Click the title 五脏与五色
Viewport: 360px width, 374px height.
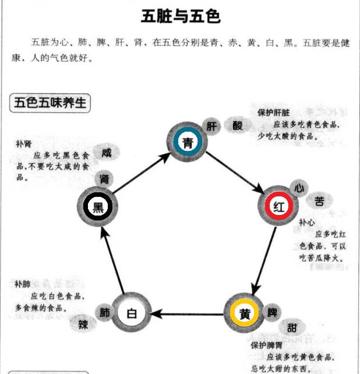(x=180, y=16)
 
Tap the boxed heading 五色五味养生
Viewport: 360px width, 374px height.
(x=51, y=104)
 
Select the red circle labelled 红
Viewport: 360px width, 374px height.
(x=279, y=206)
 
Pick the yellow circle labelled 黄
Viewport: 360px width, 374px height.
(x=245, y=313)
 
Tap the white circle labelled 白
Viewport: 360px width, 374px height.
(x=131, y=313)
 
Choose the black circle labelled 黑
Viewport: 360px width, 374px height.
(x=98, y=206)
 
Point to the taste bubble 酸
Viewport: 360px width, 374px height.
(x=237, y=125)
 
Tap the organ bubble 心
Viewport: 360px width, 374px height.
(x=299, y=188)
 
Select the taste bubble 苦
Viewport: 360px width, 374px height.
(x=319, y=201)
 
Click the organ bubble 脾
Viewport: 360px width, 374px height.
(x=272, y=313)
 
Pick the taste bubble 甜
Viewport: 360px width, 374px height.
(x=291, y=328)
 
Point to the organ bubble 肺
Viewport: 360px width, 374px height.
(x=105, y=312)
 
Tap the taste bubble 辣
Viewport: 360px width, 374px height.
(x=83, y=324)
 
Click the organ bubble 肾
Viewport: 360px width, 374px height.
(x=105, y=179)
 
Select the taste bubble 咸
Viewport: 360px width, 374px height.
(x=106, y=153)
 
